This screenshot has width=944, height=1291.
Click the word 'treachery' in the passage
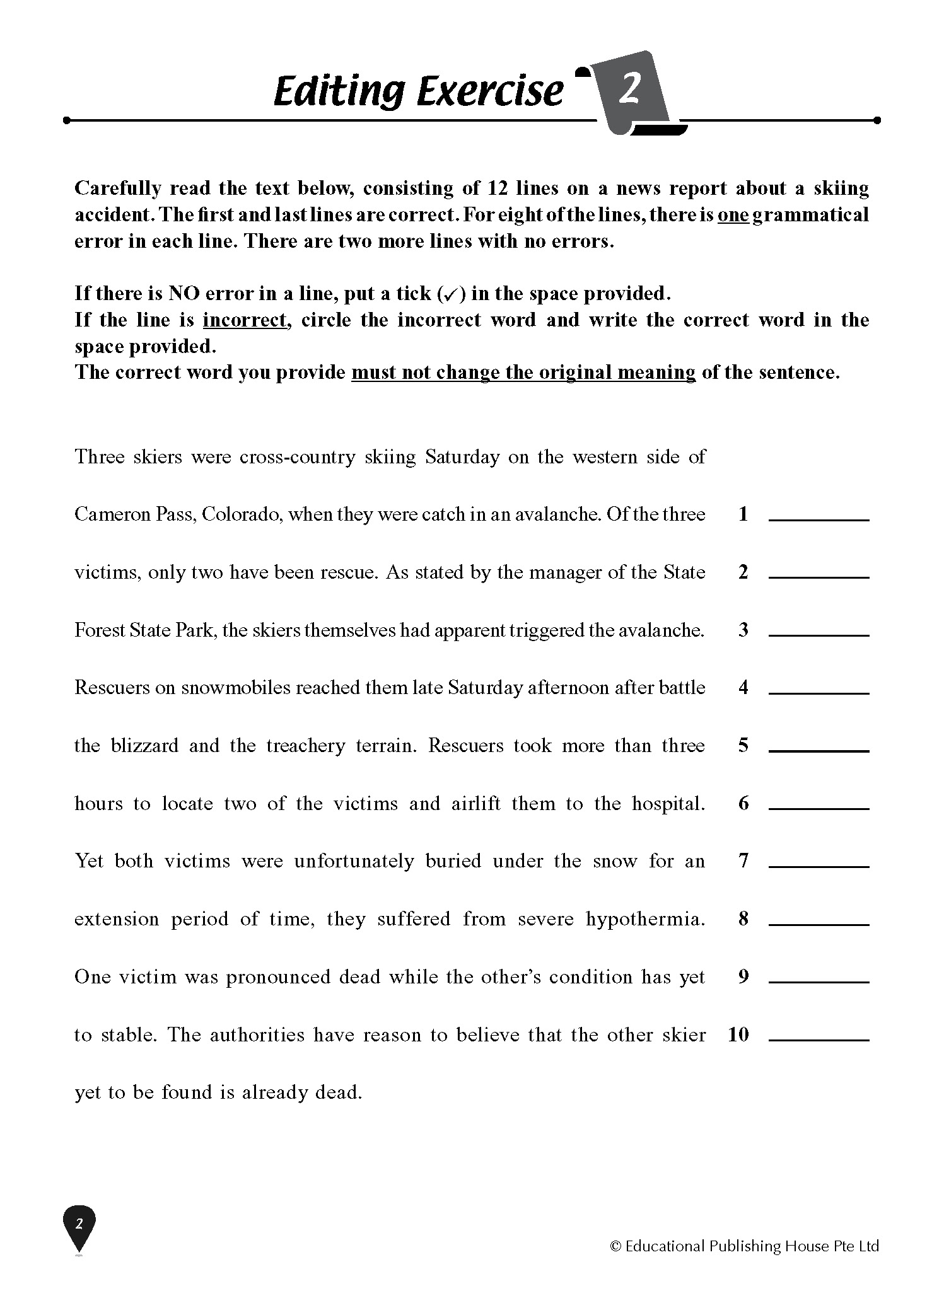click(306, 746)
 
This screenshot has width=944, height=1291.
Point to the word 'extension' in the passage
click(117, 919)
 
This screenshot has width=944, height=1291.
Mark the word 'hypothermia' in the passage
click(645, 919)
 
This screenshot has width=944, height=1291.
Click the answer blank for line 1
click(819, 516)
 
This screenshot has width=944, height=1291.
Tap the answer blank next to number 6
click(819, 804)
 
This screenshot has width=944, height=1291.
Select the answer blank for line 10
click(819, 1036)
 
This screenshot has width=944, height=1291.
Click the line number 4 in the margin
click(743, 687)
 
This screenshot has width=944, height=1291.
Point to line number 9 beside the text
click(743, 976)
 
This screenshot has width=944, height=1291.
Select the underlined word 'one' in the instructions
click(733, 215)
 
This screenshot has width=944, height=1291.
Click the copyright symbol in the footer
click(615, 1246)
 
